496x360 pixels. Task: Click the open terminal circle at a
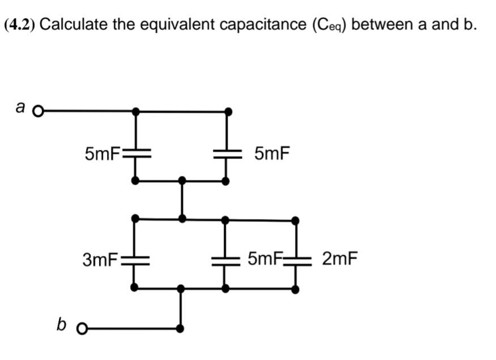point(38,112)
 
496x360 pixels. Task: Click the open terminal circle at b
point(82,328)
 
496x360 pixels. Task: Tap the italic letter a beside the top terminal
point(21,106)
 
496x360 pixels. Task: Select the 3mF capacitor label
point(100,260)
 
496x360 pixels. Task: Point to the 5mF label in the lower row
point(264,259)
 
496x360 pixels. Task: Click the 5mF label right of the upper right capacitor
point(272,153)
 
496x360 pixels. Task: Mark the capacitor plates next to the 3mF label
point(135,260)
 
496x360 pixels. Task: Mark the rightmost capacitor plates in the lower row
point(296,260)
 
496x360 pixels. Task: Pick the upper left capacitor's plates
point(135,152)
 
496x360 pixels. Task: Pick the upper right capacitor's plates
point(226,152)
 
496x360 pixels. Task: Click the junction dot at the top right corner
point(228,112)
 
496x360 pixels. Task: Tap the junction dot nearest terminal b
point(180,328)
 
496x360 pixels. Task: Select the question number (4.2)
point(19,24)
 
